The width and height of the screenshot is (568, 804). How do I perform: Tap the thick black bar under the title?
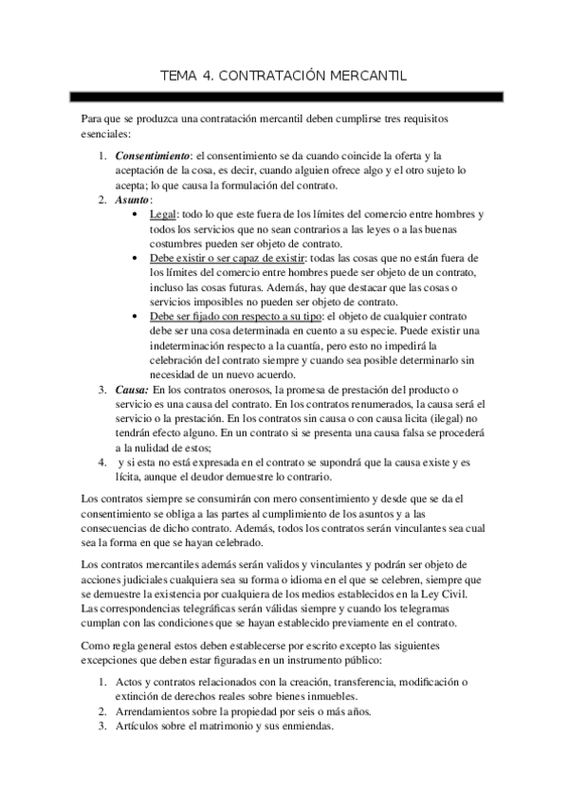click(x=284, y=98)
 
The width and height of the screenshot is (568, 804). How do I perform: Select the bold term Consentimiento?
click(x=152, y=156)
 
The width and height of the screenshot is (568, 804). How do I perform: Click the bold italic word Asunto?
click(x=132, y=201)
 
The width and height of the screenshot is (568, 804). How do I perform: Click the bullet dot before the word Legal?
click(x=141, y=216)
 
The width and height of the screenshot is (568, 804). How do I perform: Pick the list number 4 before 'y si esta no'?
click(x=102, y=463)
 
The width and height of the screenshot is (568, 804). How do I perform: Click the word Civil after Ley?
click(x=467, y=593)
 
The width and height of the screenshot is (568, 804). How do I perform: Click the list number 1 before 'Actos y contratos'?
click(x=102, y=683)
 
